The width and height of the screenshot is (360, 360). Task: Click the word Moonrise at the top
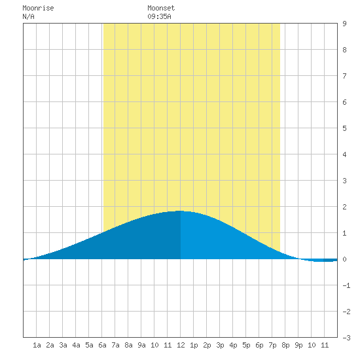click(x=38, y=8)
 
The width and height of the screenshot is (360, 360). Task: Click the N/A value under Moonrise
click(x=28, y=16)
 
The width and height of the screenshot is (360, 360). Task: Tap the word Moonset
click(x=161, y=8)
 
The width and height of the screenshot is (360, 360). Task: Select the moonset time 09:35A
click(x=159, y=16)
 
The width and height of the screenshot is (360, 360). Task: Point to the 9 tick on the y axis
click(x=344, y=24)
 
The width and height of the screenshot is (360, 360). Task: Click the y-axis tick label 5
click(x=344, y=128)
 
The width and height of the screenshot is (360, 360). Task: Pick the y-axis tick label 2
click(x=344, y=207)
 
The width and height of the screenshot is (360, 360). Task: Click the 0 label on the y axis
click(x=344, y=259)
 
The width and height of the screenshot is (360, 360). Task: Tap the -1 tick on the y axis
click(x=346, y=285)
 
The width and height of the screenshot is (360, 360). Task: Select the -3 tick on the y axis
click(x=346, y=338)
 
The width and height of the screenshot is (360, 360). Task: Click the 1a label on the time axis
click(x=37, y=345)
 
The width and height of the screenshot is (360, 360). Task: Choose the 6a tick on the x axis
click(x=102, y=345)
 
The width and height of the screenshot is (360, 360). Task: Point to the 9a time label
click(x=141, y=345)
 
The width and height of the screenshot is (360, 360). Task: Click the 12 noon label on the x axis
click(x=181, y=345)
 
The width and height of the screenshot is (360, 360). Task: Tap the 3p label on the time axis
click(x=220, y=345)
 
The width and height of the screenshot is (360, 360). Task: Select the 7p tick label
click(x=272, y=345)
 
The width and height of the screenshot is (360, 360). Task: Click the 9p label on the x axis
click(x=298, y=345)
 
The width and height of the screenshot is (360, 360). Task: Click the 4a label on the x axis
click(x=76, y=345)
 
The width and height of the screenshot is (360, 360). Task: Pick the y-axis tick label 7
click(x=344, y=76)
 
